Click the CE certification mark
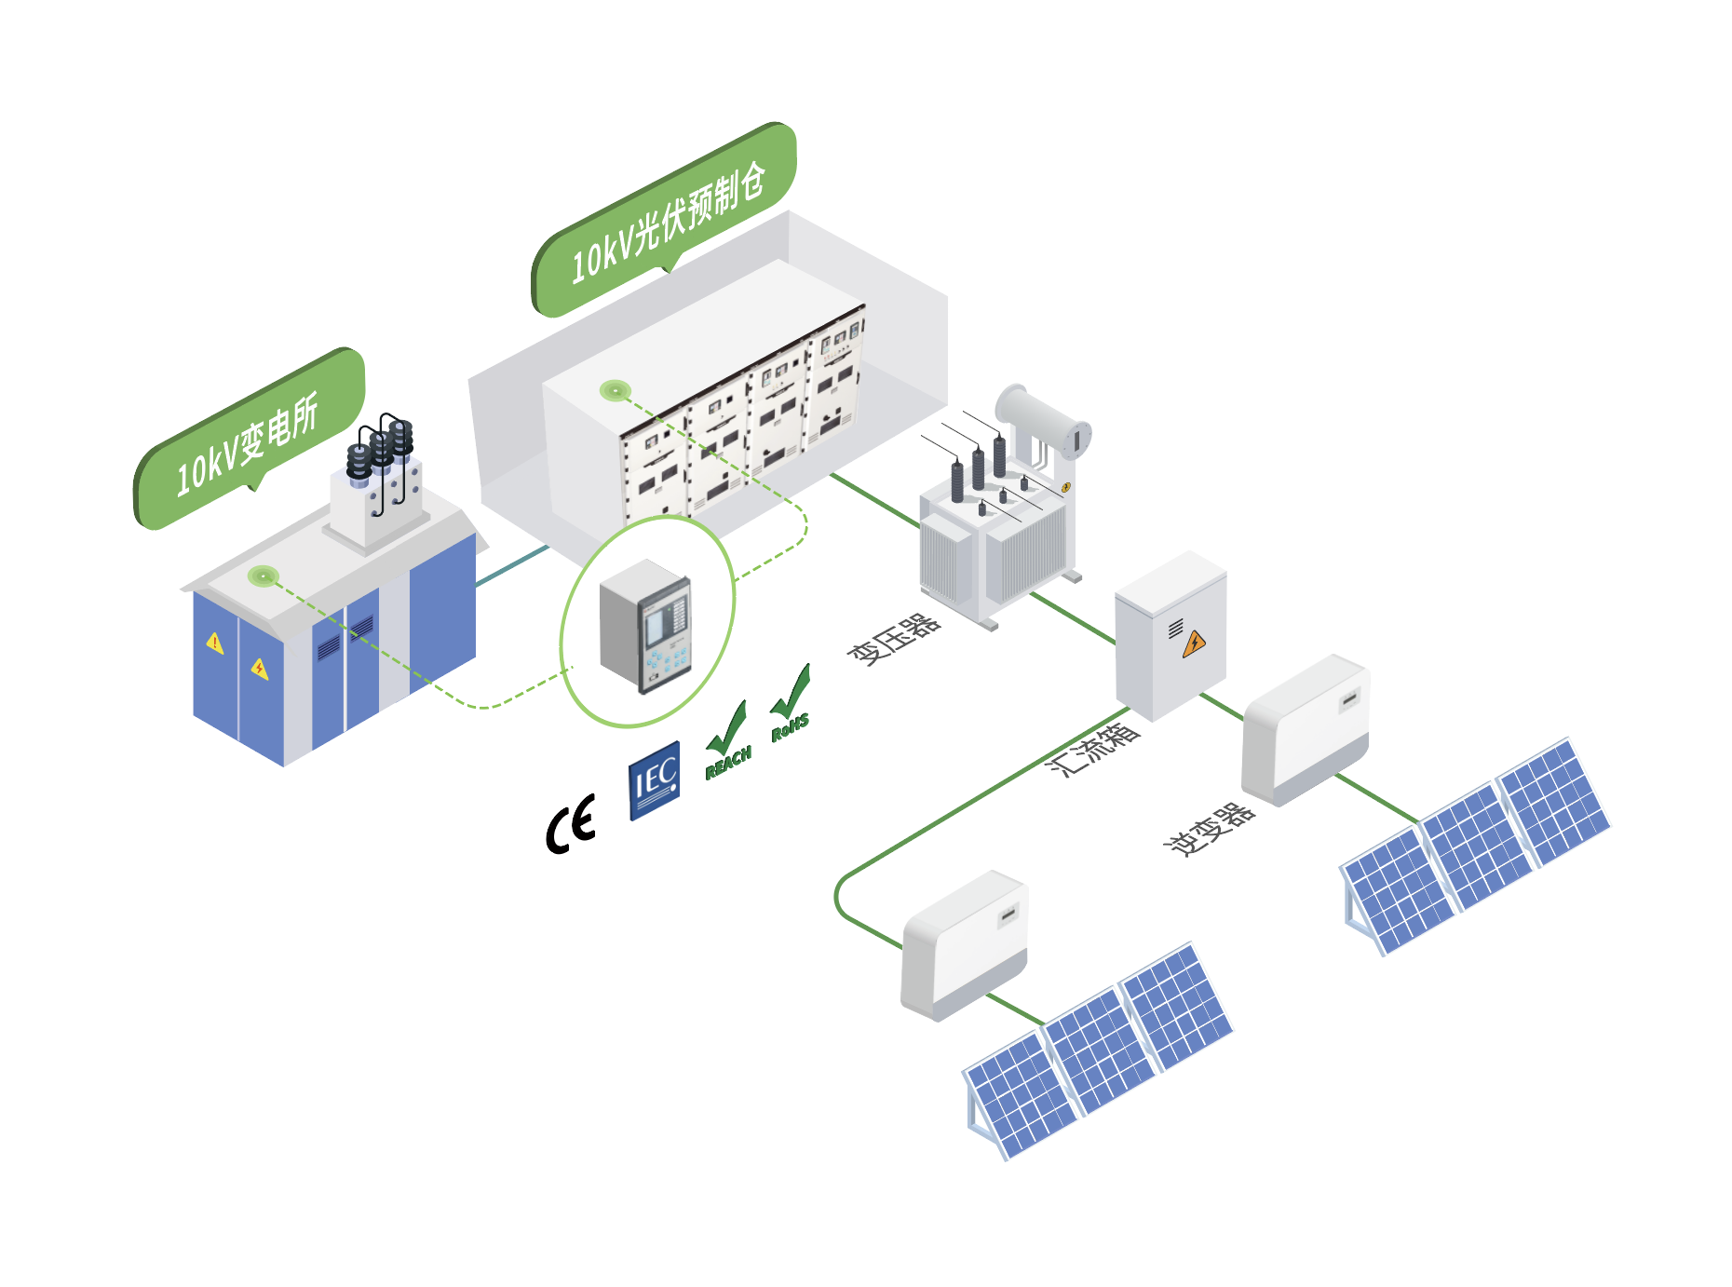pos(570,824)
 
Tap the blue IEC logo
pos(654,780)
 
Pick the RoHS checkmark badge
pos(791,705)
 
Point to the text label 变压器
pos(893,639)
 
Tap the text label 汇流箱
pos(1092,749)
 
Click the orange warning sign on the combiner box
pos(1194,643)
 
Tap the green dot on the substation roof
pos(264,576)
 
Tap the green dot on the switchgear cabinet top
pos(615,390)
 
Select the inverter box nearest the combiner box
pos(1305,731)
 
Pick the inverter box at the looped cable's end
pos(965,945)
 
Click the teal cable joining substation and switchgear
pos(512,565)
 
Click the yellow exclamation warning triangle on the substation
pos(215,643)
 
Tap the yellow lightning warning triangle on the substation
pos(260,668)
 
